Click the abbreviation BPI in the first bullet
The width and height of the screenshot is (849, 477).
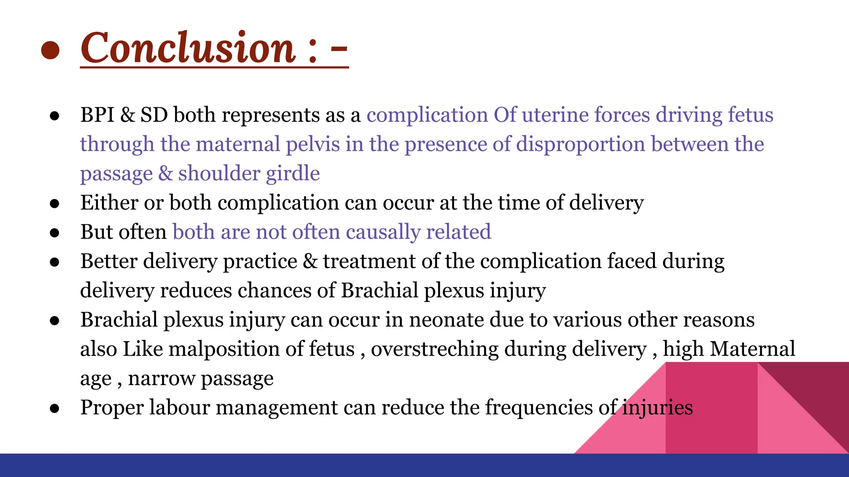(97, 115)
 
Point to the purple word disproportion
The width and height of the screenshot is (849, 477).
(580, 145)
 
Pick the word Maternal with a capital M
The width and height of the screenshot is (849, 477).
(752, 349)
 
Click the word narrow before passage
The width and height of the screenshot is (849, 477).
(161, 378)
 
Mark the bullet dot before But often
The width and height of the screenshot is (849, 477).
(54, 233)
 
